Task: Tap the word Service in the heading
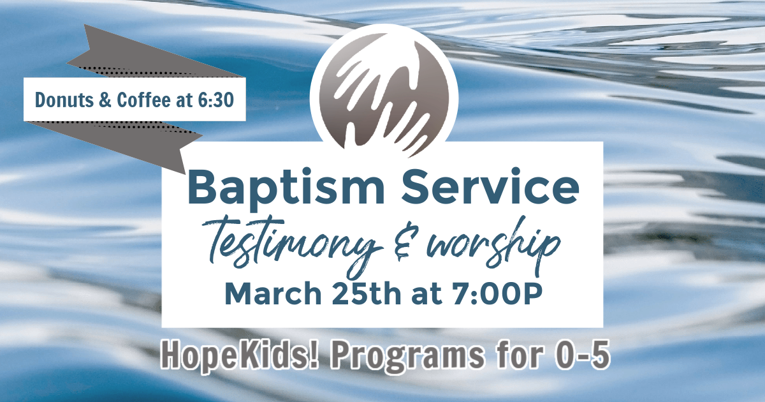click(490, 186)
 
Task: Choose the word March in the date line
click(273, 294)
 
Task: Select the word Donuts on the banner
click(64, 100)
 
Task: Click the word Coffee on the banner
click(143, 100)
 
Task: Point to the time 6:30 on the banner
click(216, 100)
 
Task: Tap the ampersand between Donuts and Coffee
click(105, 100)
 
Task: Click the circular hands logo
click(384, 93)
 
